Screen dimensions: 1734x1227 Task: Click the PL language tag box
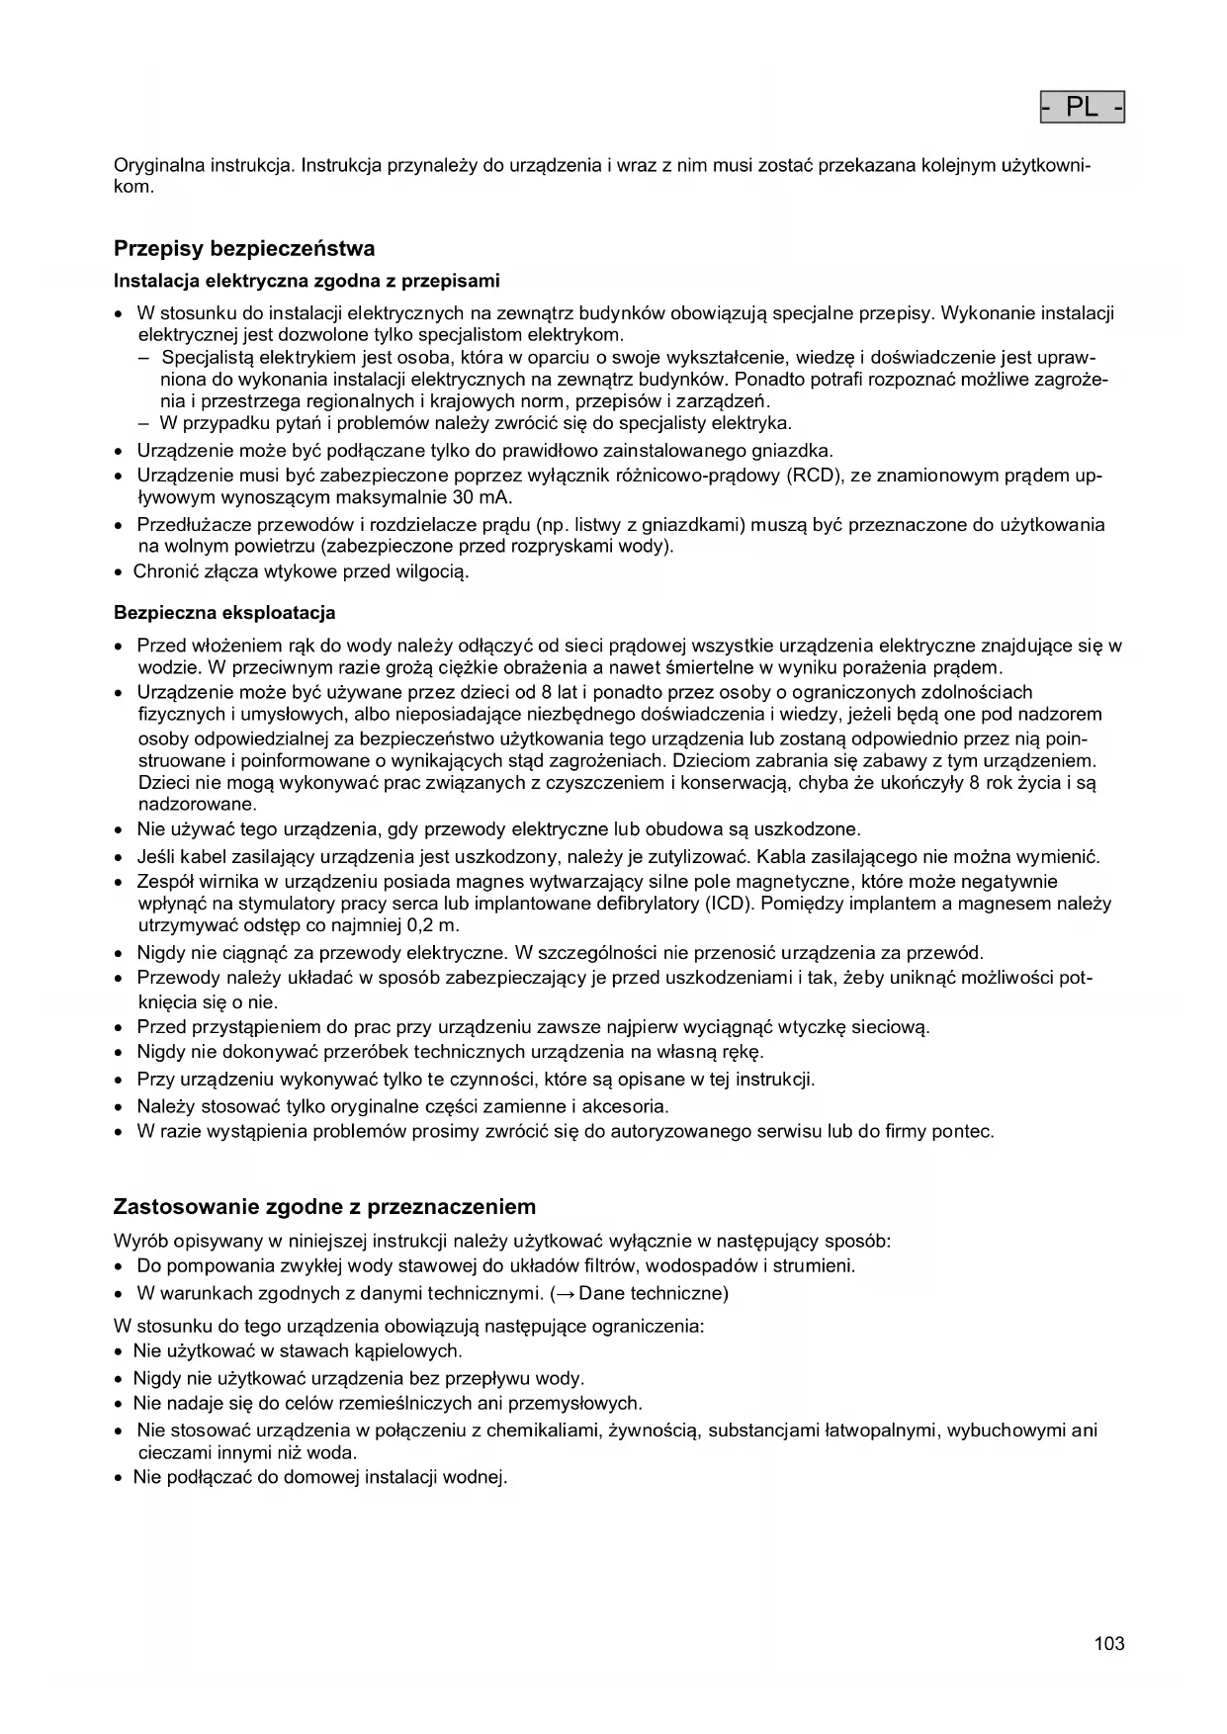point(1083,107)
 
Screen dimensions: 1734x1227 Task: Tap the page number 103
point(1109,1644)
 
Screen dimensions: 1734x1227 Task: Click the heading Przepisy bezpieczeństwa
point(244,247)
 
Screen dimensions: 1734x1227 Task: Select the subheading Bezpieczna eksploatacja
point(224,613)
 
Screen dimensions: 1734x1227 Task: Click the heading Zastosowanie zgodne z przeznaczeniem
point(324,1207)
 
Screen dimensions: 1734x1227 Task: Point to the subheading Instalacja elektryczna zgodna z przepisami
point(307,281)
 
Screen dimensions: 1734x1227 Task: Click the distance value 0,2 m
point(433,925)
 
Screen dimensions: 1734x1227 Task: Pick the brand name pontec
point(962,1131)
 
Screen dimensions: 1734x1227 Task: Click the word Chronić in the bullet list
point(165,571)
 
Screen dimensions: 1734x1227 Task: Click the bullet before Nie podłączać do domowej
point(120,1479)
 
